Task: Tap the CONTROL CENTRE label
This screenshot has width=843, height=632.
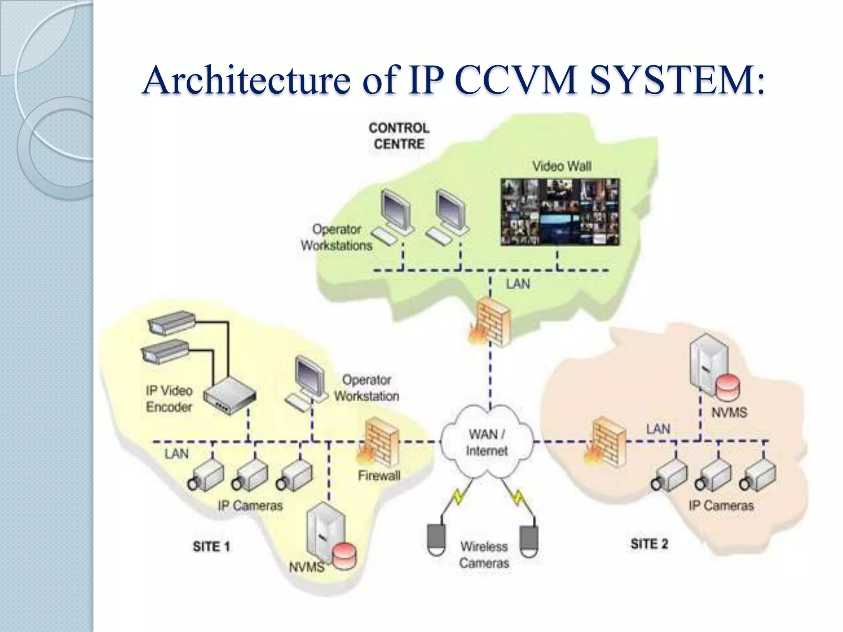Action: pyautogui.click(x=399, y=136)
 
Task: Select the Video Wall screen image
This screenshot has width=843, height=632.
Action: pyautogui.click(x=560, y=212)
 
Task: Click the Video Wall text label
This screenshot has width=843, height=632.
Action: pyautogui.click(x=562, y=166)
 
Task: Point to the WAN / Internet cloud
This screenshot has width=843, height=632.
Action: pyautogui.click(x=487, y=442)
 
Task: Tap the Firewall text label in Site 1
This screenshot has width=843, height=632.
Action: pyautogui.click(x=379, y=476)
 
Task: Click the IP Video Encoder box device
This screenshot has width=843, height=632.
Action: pyautogui.click(x=229, y=395)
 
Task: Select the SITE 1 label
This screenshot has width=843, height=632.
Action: pyautogui.click(x=211, y=547)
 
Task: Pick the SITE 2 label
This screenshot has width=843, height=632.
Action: pyautogui.click(x=649, y=544)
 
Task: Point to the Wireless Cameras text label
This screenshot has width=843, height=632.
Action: pyautogui.click(x=484, y=555)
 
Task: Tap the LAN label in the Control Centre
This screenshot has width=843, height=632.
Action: pyautogui.click(x=517, y=284)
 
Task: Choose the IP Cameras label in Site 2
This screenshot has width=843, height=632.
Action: pyautogui.click(x=721, y=506)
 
